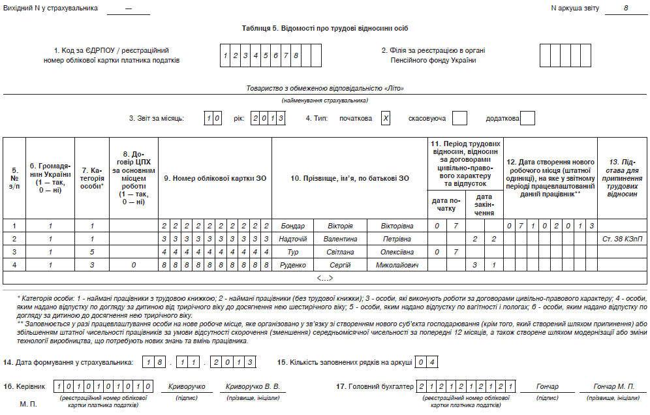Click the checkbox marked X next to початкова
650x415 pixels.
click(386, 118)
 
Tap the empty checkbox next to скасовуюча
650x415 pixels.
click(459, 118)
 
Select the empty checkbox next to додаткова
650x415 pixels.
click(527, 118)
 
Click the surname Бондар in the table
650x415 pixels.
click(292, 226)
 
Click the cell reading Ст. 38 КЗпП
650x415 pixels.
click(623, 239)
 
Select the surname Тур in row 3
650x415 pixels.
click(292, 252)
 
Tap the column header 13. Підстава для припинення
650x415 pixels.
click(623, 177)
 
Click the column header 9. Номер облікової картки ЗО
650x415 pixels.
click(215, 177)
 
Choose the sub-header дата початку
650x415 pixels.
click(445, 204)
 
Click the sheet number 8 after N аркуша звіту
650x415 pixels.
click(625, 8)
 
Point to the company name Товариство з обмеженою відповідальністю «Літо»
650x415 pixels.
click(325, 88)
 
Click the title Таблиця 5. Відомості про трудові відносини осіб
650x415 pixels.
click(325, 28)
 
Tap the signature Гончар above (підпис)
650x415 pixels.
click(548, 386)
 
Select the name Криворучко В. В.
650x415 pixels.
click(253, 386)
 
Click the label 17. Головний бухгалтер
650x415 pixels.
click(375, 386)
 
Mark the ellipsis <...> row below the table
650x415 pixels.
click(324, 278)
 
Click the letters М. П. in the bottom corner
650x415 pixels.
click(29, 405)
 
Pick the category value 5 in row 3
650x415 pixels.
click(93, 252)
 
